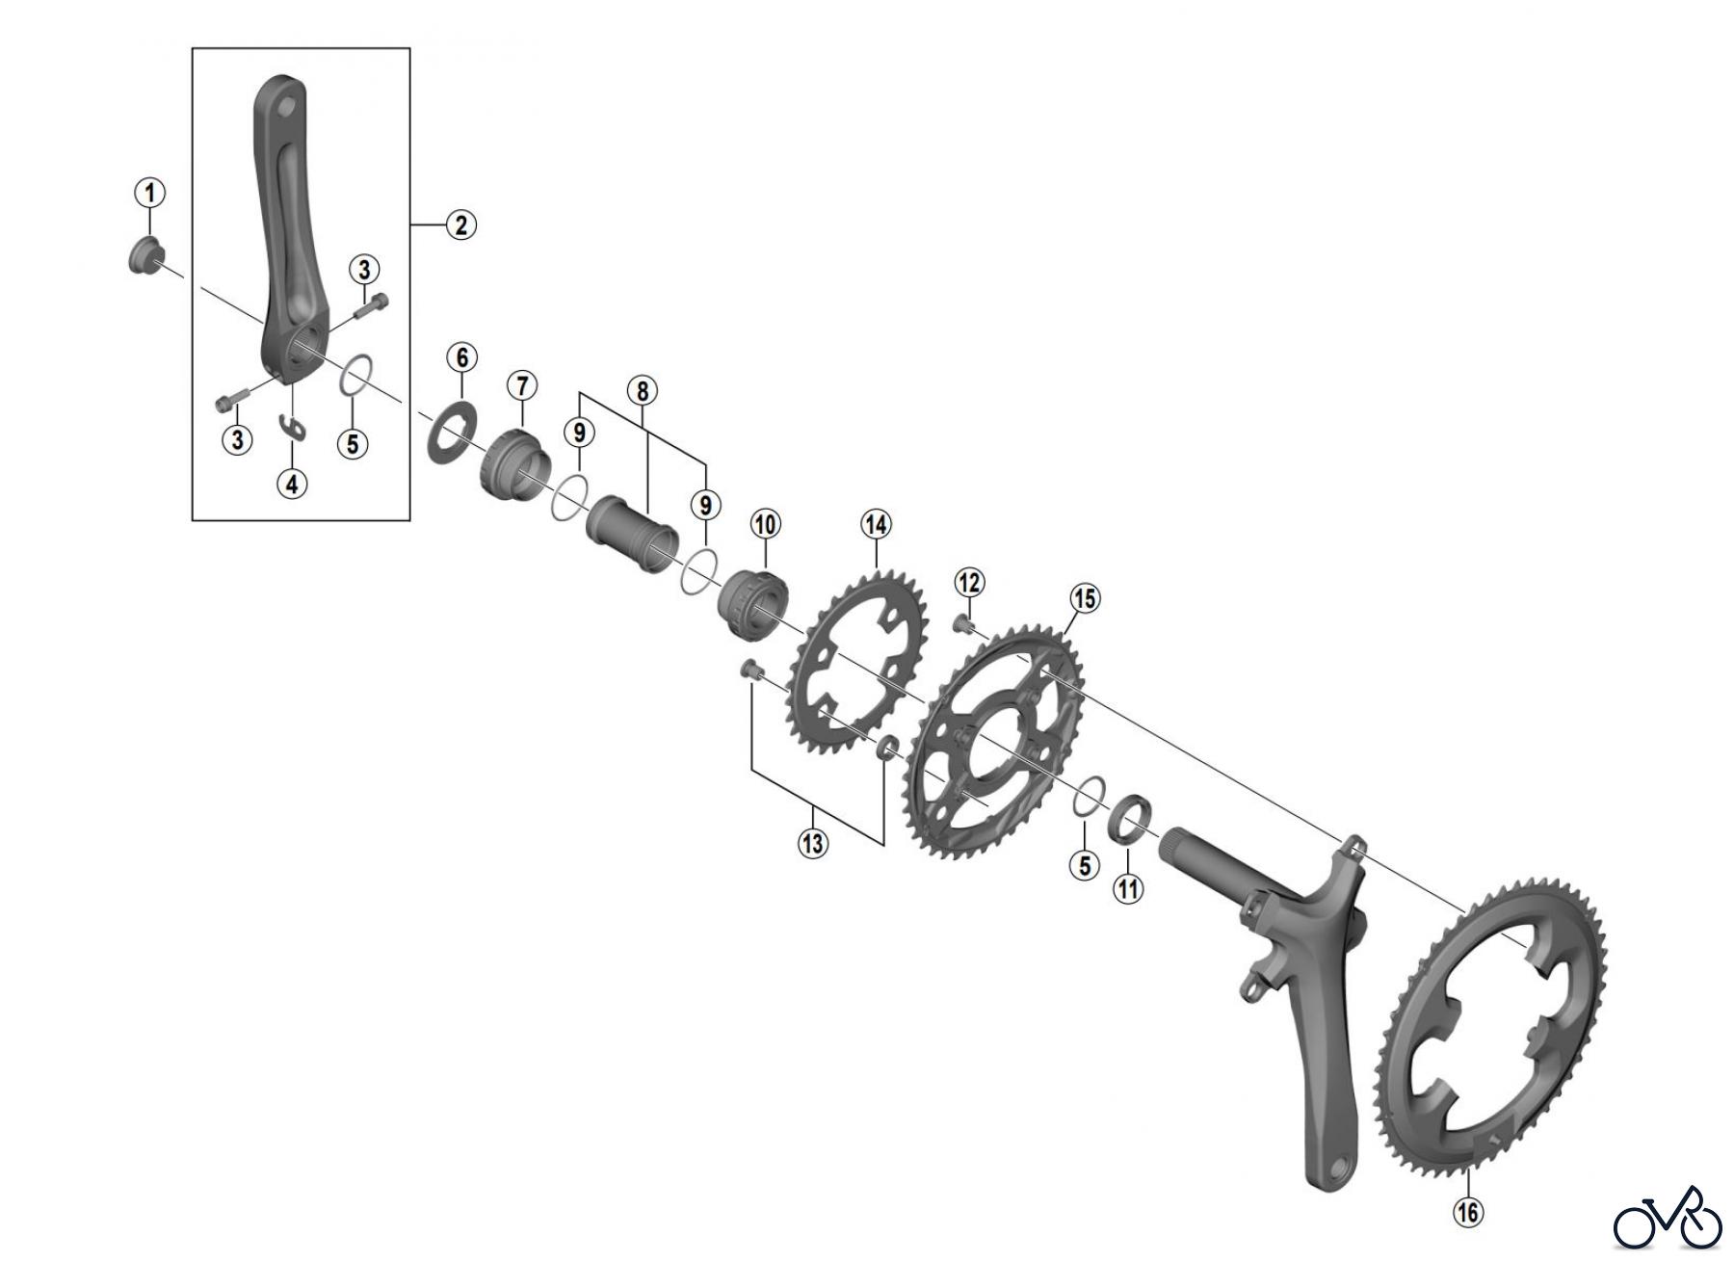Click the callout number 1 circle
(x=149, y=193)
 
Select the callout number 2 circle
(x=460, y=224)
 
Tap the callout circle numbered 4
(x=292, y=482)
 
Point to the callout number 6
(x=461, y=357)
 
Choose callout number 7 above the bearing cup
(x=521, y=386)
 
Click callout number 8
(x=642, y=390)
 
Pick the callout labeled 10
(x=765, y=524)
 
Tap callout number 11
(x=1128, y=887)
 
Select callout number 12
(x=969, y=582)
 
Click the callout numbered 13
(x=812, y=843)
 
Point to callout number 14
(x=876, y=524)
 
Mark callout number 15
(x=1085, y=598)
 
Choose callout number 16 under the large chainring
(x=1468, y=1211)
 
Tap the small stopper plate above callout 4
(x=292, y=426)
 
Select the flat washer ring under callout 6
(x=451, y=432)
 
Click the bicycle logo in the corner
(x=1667, y=1220)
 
